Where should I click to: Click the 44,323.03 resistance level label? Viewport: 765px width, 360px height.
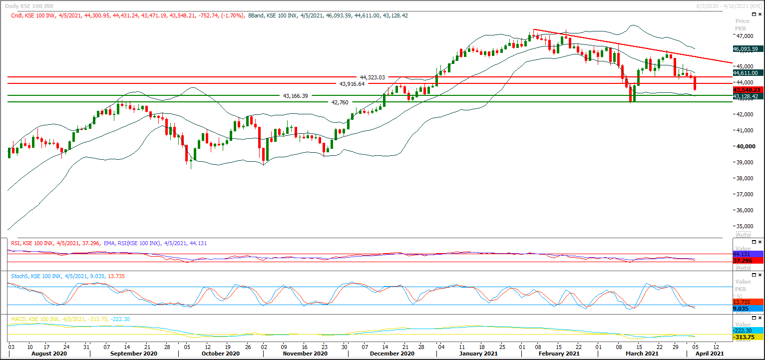(x=373, y=77)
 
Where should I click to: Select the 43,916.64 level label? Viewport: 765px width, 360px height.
(x=352, y=84)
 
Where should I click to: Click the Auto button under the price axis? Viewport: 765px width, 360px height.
(x=743, y=234)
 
